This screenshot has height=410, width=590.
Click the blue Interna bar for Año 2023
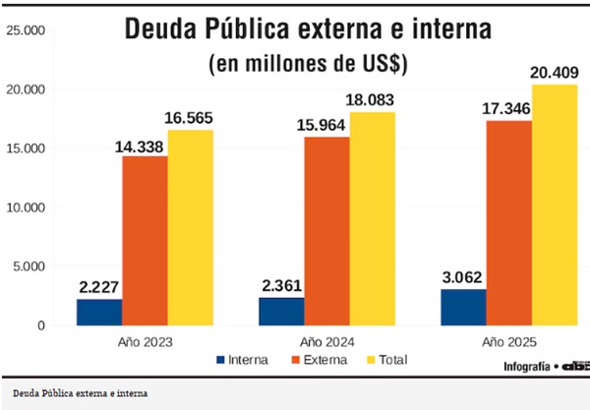99,312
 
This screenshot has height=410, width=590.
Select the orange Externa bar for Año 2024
326,230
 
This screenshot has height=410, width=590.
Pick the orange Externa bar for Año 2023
145,240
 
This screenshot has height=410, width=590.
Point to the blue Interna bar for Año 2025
463,307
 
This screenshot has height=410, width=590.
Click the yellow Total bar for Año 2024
373,218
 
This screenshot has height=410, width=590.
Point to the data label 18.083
373,98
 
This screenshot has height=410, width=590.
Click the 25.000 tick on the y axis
27,30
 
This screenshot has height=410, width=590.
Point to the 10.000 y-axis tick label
27,207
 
